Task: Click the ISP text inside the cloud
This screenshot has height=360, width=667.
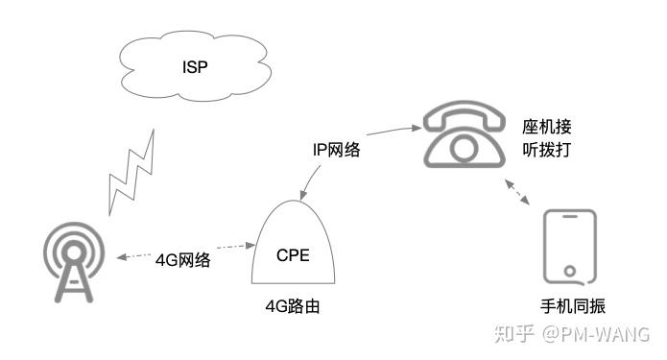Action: click(195, 66)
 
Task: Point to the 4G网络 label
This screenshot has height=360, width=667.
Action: click(183, 261)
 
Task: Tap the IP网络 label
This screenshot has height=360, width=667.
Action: click(337, 150)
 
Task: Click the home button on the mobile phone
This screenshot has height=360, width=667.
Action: click(569, 270)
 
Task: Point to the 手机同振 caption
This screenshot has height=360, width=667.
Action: click(573, 306)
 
